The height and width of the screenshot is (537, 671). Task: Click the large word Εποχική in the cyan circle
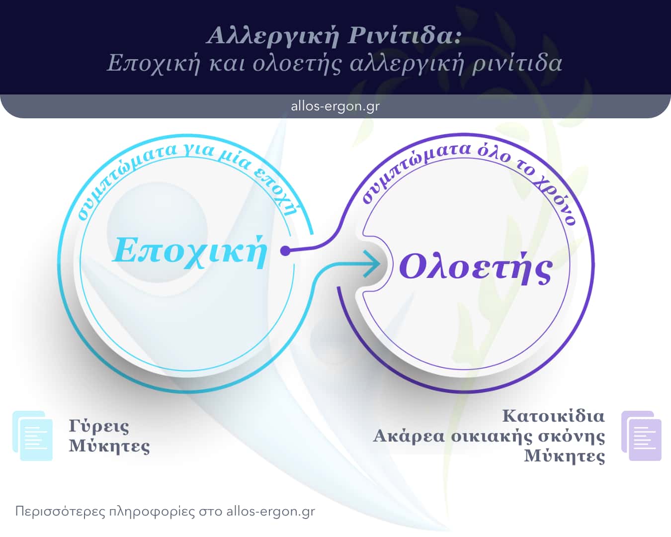pyautogui.click(x=190, y=250)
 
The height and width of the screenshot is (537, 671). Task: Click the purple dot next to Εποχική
pyautogui.click(x=285, y=251)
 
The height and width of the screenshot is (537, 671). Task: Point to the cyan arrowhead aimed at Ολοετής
pyautogui.click(x=371, y=264)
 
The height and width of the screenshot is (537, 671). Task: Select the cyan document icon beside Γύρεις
pyautogui.click(x=33, y=436)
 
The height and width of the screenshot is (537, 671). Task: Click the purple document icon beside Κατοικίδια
pyautogui.click(x=641, y=436)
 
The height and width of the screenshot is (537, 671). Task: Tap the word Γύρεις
pyautogui.click(x=99, y=426)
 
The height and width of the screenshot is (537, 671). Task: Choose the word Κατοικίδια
pyautogui.click(x=553, y=416)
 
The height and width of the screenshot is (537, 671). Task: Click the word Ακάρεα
pyautogui.click(x=409, y=436)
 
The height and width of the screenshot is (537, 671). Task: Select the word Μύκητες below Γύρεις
pyautogui.click(x=109, y=446)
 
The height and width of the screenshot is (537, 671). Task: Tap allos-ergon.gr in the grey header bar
pyautogui.click(x=335, y=106)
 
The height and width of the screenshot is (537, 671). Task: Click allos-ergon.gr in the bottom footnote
pyautogui.click(x=270, y=511)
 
